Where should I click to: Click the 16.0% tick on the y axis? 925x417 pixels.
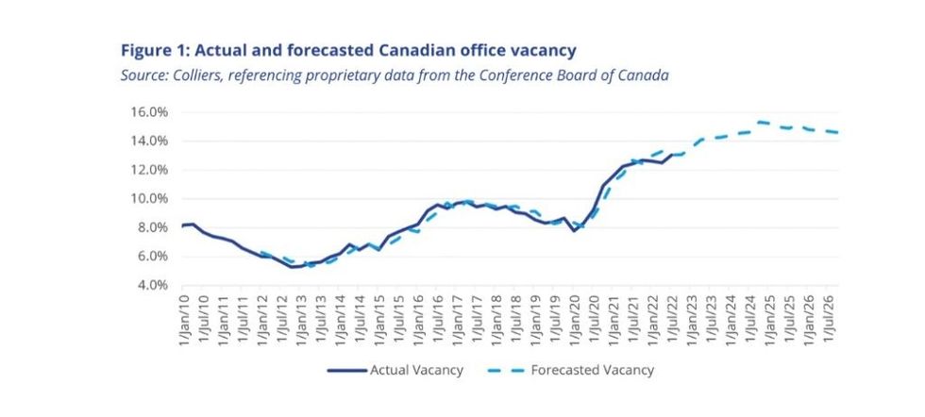(x=149, y=111)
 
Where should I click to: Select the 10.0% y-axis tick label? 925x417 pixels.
(x=149, y=198)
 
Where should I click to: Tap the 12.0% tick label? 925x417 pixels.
(x=149, y=170)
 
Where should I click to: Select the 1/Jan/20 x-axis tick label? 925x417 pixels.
(x=574, y=320)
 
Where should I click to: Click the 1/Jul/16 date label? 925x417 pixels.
(x=438, y=320)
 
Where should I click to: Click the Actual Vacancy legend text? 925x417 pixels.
(x=416, y=370)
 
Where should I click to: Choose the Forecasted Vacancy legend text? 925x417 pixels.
(x=593, y=370)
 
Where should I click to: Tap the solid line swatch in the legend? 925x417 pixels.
(x=346, y=370)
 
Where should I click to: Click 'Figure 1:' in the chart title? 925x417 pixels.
(x=157, y=49)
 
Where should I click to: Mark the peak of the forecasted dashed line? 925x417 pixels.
(x=760, y=122)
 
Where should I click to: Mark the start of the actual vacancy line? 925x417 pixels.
(x=182, y=225)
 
